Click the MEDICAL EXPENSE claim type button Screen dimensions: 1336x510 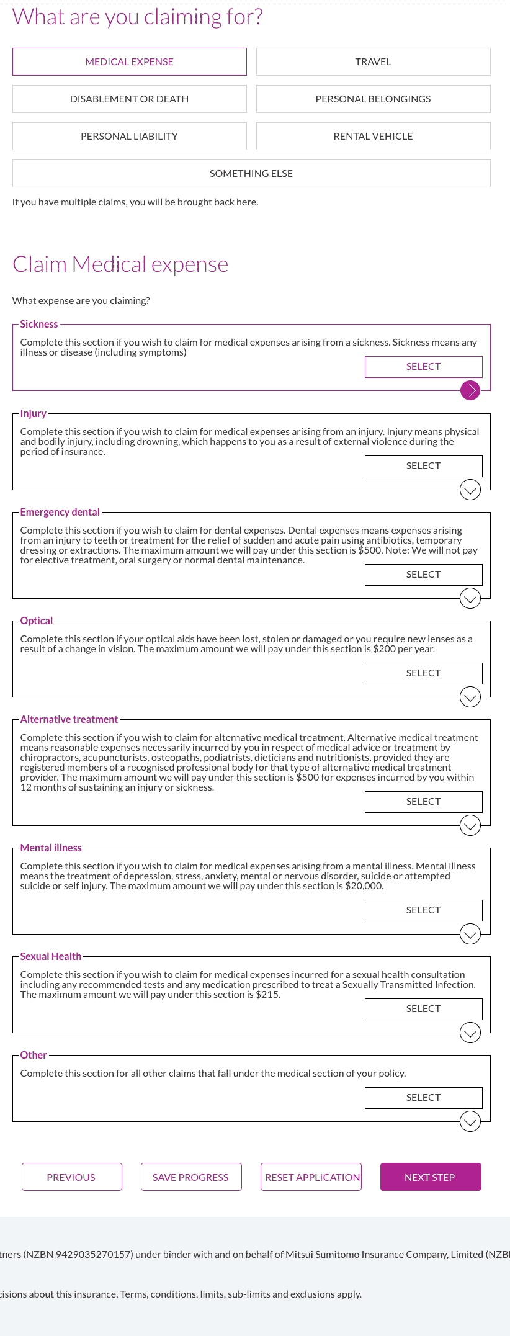pyautogui.click(x=129, y=62)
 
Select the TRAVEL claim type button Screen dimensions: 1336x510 pyautogui.click(x=373, y=62)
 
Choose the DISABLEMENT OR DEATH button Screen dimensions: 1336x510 pyautogui.click(x=129, y=99)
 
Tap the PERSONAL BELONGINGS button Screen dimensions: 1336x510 pyautogui.click(x=373, y=99)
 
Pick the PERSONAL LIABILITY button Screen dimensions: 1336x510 pyautogui.click(x=129, y=137)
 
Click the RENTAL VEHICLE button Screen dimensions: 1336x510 pyautogui.click(x=373, y=137)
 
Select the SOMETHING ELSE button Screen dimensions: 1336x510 pyautogui.click(x=251, y=174)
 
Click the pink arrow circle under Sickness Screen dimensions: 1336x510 pyautogui.click(x=470, y=390)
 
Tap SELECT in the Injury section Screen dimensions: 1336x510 pyautogui.click(x=423, y=466)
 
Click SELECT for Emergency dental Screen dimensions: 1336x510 pyautogui.click(x=423, y=575)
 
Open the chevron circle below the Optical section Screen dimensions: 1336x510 pyautogui.click(x=470, y=697)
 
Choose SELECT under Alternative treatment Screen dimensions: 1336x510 pyautogui.click(x=423, y=802)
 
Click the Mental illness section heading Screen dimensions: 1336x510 pyautogui.click(x=51, y=848)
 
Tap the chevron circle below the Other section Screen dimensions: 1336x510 pyautogui.click(x=470, y=1121)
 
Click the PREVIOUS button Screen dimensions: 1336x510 pyautogui.click(x=71, y=1177)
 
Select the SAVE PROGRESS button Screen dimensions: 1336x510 pyautogui.click(x=190, y=1177)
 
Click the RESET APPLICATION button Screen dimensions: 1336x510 pyautogui.click(x=312, y=1177)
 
